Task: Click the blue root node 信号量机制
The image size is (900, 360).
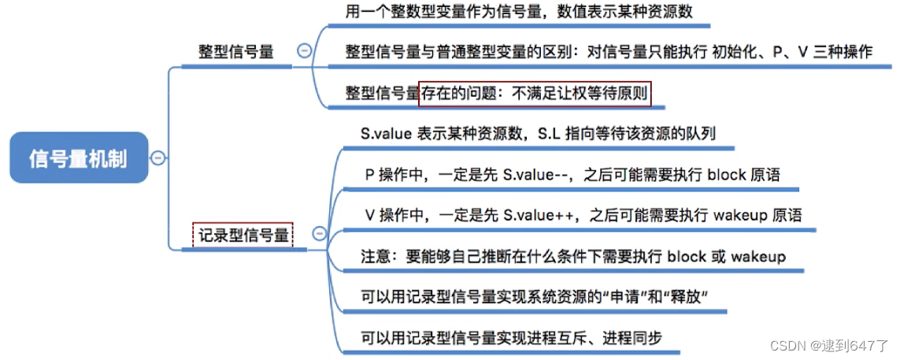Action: pos(78,158)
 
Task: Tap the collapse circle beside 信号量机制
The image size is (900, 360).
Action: pos(157,158)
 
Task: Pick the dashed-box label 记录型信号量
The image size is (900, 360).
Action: pos(243,234)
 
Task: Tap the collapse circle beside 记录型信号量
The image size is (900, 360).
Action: pos(319,233)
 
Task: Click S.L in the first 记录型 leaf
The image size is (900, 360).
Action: pos(550,134)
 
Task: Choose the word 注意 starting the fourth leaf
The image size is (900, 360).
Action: pos(373,256)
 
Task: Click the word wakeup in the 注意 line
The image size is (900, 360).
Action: pos(757,256)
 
